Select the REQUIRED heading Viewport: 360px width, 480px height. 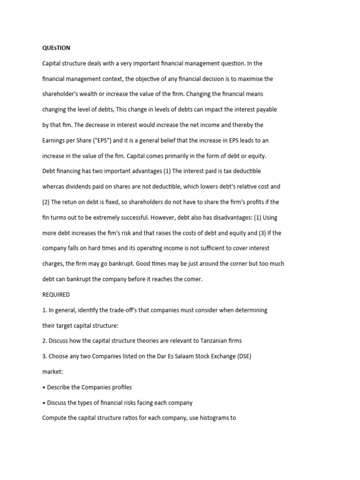[x=56, y=295]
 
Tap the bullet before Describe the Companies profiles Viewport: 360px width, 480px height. [x=44, y=387]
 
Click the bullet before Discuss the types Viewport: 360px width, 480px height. [x=44, y=403]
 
